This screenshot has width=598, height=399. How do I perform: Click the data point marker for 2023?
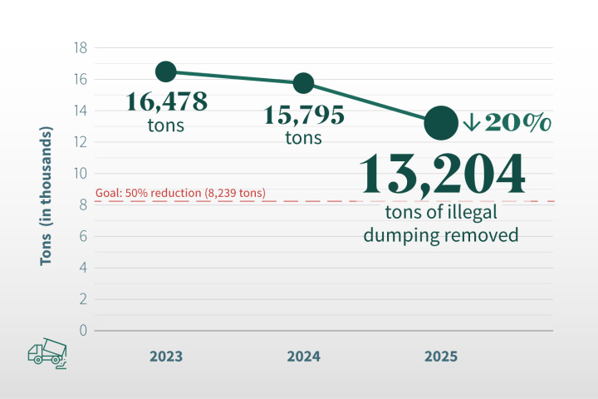point(165,71)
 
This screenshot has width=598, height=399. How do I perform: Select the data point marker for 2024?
point(303,82)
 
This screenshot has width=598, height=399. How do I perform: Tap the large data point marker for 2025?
point(441,123)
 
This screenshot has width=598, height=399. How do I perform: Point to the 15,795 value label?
point(304,115)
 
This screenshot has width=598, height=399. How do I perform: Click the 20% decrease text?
point(518,123)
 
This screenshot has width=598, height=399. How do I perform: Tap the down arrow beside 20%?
point(471,123)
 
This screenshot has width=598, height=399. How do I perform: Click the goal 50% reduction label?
point(181,194)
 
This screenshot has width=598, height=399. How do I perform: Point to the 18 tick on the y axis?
point(81,48)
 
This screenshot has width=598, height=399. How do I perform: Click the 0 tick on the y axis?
point(83,330)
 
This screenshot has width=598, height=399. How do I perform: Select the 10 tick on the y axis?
point(81,174)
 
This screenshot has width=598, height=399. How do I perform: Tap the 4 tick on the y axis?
point(83,268)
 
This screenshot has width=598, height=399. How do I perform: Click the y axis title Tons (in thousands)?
point(47,198)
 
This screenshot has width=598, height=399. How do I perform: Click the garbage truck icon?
point(47,353)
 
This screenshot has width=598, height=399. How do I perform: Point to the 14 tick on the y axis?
point(81,111)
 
